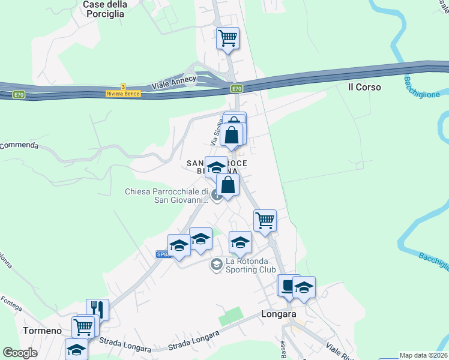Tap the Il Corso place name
click(x=364, y=87)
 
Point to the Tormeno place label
click(x=42, y=331)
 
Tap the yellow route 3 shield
click(x=123, y=86)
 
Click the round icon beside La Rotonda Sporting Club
click(x=216, y=264)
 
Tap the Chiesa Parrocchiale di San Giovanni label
click(x=166, y=196)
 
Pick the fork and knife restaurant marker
click(x=97, y=310)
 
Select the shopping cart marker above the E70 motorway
click(x=228, y=38)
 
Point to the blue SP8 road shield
click(x=163, y=255)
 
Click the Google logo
click(x=20, y=353)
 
